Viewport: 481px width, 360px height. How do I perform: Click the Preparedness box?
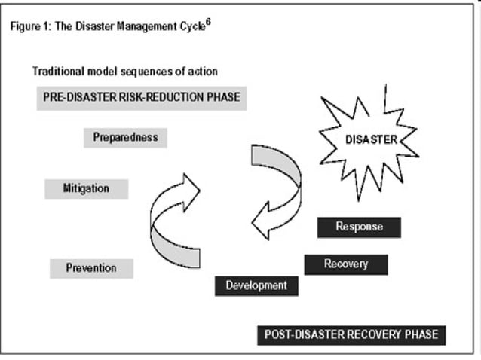pos(125,138)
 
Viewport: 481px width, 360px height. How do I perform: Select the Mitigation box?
pos(86,188)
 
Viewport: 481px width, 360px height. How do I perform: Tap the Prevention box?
pos(91,268)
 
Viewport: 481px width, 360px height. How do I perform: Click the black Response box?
pos(359,227)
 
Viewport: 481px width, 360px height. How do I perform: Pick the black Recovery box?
pos(346,264)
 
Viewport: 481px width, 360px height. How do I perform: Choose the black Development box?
pos(256,285)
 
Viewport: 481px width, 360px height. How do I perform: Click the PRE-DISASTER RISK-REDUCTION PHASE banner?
pos(142,98)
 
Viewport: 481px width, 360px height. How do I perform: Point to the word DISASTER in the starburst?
pos(370,139)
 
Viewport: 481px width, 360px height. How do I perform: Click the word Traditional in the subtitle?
pos(57,72)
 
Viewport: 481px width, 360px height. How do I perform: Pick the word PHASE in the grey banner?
pos(224,98)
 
